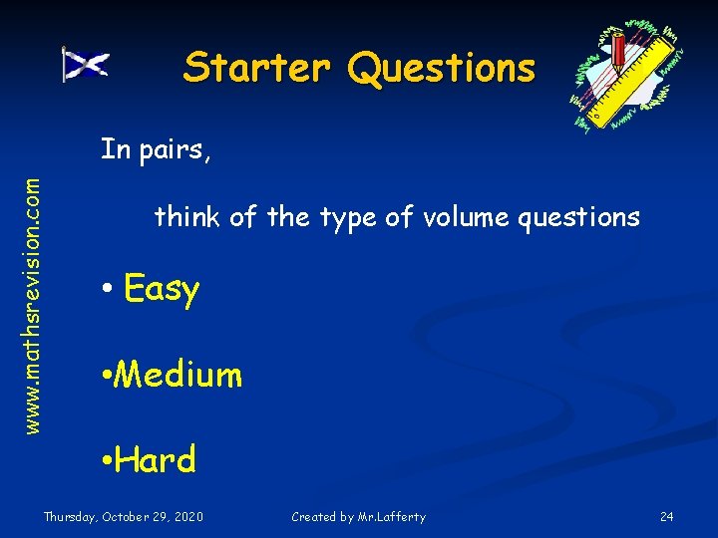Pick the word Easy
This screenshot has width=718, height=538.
point(162,290)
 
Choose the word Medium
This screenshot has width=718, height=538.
point(179,375)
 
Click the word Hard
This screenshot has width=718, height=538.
point(155,459)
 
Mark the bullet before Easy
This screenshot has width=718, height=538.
point(106,291)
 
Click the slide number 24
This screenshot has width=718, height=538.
point(667,516)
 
